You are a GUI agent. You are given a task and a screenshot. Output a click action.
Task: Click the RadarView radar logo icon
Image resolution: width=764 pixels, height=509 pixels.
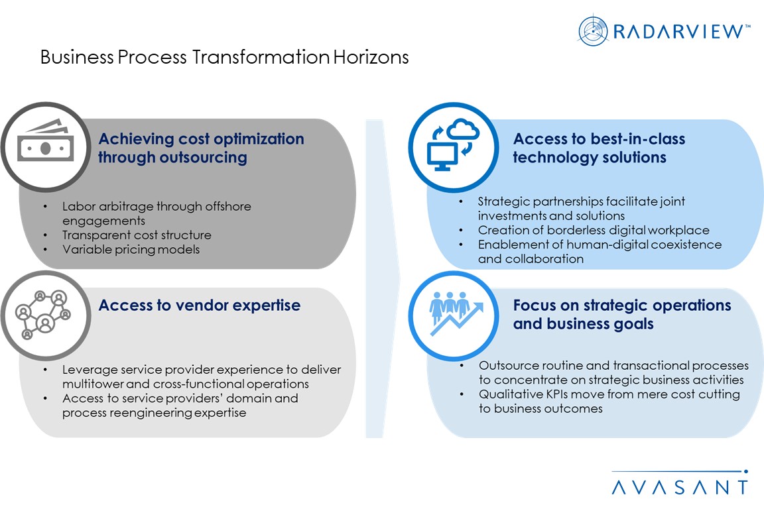pyautogui.click(x=592, y=30)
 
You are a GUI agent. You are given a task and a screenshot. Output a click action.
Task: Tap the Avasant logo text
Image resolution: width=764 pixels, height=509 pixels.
pyautogui.click(x=680, y=487)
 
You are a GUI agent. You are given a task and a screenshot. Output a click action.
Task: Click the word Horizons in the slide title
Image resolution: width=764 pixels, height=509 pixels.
pyautogui.click(x=371, y=57)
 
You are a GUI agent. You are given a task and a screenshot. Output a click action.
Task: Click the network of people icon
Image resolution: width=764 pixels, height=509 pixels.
pyautogui.click(x=43, y=314)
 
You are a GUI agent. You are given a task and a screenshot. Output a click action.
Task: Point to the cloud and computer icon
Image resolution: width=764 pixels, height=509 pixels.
pyautogui.click(x=453, y=144)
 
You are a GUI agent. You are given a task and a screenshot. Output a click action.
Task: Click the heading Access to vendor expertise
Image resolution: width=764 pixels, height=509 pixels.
pyautogui.click(x=199, y=306)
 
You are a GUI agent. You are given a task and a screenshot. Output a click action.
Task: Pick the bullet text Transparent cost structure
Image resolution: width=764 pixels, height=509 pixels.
pyautogui.click(x=137, y=235)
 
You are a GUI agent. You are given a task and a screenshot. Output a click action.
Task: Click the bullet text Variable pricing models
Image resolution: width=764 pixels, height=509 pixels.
pyautogui.click(x=131, y=249)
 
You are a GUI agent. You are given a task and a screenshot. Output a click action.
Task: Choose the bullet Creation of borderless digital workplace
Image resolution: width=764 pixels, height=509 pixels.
pyautogui.click(x=594, y=230)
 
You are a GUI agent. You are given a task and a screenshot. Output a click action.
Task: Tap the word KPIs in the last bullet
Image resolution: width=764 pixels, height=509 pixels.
pyautogui.click(x=554, y=394)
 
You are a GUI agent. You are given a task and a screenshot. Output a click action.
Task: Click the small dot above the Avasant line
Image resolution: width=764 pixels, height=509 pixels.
pyautogui.click(x=745, y=471)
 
